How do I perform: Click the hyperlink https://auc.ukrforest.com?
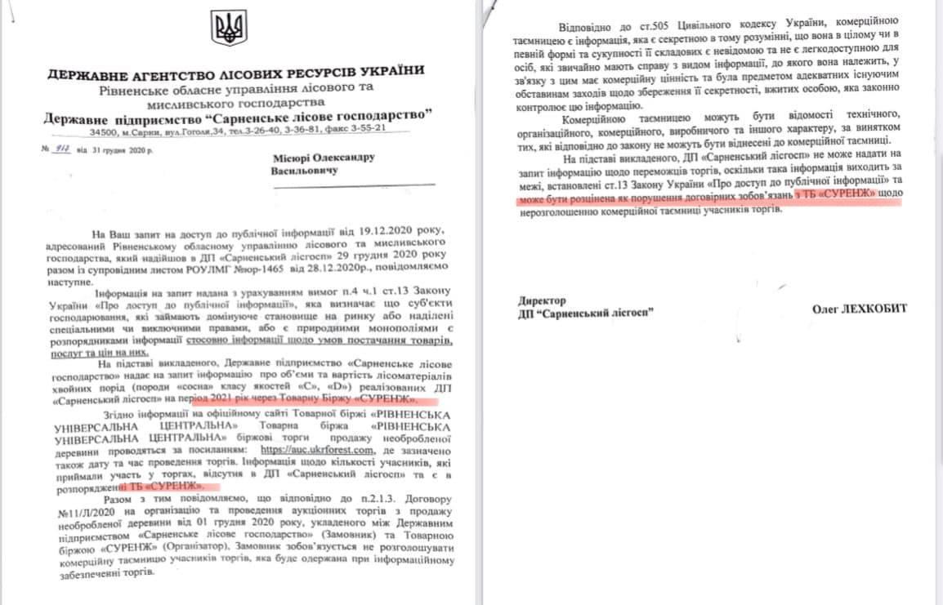coord(315,449)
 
